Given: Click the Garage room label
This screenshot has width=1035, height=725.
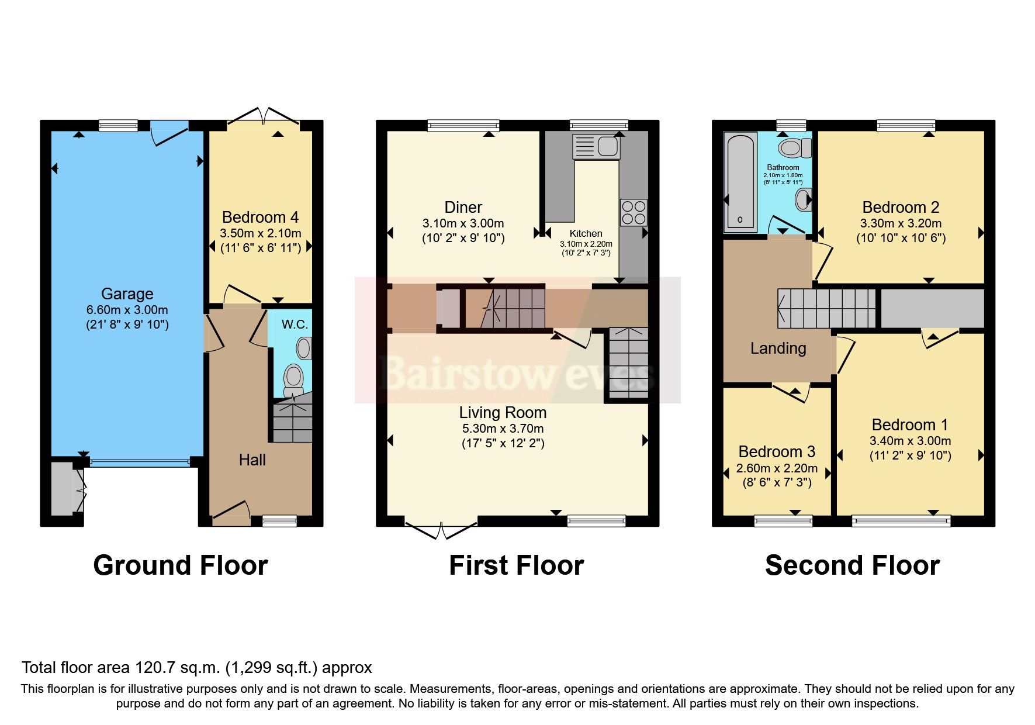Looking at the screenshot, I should (x=127, y=294).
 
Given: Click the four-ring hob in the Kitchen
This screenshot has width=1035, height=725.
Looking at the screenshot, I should (x=634, y=212).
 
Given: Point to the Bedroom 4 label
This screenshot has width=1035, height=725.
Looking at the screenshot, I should (x=260, y=217).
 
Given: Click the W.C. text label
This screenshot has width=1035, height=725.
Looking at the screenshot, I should (x=294, y=324).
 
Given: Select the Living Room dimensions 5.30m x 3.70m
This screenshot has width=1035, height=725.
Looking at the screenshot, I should (x=503, y=429).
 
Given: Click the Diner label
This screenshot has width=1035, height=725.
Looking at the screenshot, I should (x=463, y=207).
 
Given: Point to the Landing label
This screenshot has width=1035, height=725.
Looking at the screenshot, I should (x=778, y=348).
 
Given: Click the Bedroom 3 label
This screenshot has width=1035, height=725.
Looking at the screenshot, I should (x=777, y=451).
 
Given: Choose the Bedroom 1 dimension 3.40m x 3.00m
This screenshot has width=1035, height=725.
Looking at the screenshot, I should (x=910, y=441).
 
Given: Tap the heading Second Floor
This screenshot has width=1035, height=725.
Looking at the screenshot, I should (x=851, y=565).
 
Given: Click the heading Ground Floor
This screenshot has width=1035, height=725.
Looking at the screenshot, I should (x=181, y=565).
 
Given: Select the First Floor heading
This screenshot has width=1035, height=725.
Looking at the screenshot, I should (x=516, y=565).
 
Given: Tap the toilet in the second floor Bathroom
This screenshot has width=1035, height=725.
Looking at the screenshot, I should (x=794, y=148).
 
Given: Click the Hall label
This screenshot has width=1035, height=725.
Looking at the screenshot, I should (x=252, y=460).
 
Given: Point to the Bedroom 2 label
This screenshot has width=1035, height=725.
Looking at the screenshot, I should (x=901, y=207).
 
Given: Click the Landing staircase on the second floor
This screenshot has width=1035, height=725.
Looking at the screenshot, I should (x=826, y=308).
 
